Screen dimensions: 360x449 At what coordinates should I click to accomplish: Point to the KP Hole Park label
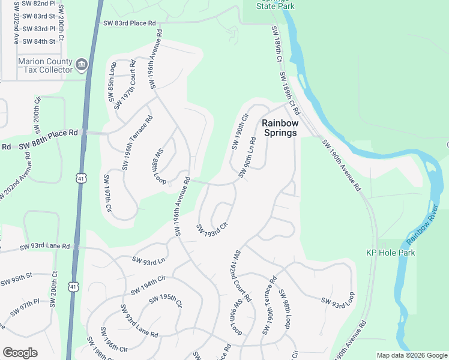click(391, 253)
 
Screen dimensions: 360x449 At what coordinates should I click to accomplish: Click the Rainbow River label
click(427, 225)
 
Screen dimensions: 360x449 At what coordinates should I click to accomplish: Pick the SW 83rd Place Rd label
click(129, 23)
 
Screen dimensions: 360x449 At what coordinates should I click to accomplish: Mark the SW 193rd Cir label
click(212, 229)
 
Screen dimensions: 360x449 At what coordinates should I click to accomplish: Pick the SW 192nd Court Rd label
click(243, 275)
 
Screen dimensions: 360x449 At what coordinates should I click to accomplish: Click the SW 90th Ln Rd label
click(251, 158)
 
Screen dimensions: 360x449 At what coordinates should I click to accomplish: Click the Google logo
click(20, 353)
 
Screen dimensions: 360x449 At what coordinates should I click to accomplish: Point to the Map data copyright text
click(411, 355)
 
